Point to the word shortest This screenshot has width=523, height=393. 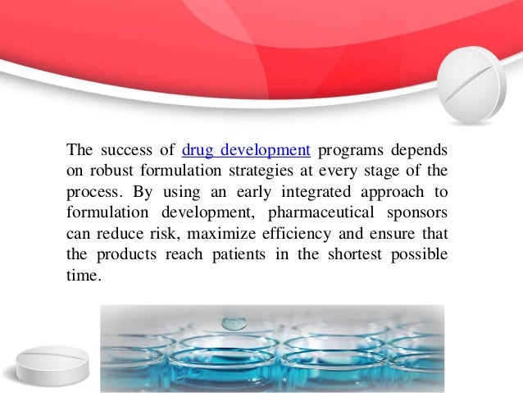coord(354,254)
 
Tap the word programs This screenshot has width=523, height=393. coord(348,150)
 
